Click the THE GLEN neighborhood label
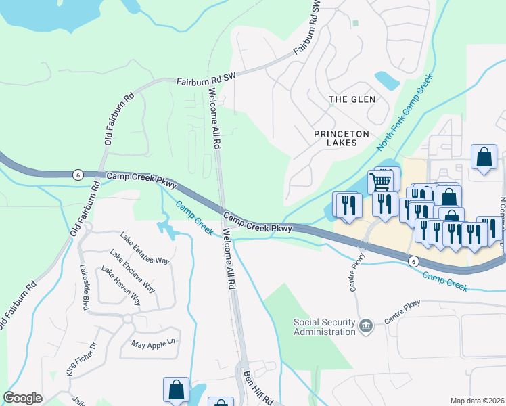[352, 99]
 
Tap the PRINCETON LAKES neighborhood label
[342, 134]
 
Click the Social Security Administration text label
[325, 327]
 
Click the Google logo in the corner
[22, 398]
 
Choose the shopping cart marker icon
[381, 181]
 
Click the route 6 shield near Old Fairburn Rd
[78, 175]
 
